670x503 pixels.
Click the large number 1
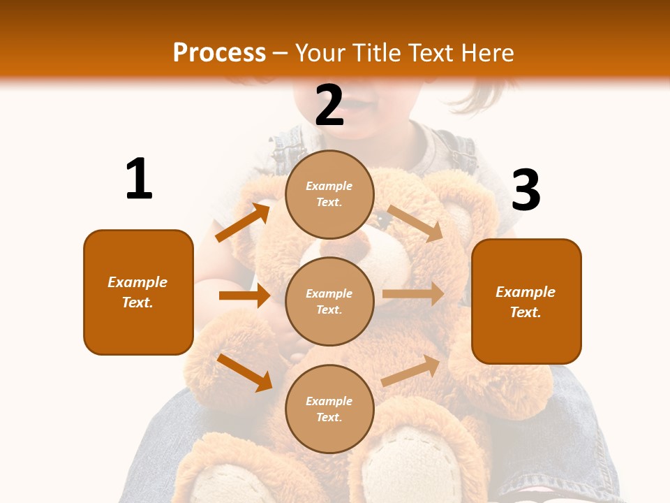tap(139, 180)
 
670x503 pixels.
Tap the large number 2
tap(329, 105)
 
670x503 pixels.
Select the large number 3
tap(526, 191)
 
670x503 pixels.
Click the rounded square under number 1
tap(138, 292)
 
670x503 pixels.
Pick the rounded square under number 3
tap(526, 302)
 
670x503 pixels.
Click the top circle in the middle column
tap(329, 194)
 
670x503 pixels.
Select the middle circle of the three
tap(329, 301)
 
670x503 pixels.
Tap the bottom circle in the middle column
tap(329, 409)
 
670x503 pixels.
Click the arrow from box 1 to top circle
tap(243, 222)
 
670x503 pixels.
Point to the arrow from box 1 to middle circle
tap(244, 296)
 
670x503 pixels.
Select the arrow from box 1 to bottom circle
tap(245, 372)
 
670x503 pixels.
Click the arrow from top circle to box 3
tap(415, 224)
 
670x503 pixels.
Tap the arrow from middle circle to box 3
tap(413, 294)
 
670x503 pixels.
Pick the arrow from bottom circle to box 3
tap(411, 371)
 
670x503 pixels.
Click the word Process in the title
tap(219, 52)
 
